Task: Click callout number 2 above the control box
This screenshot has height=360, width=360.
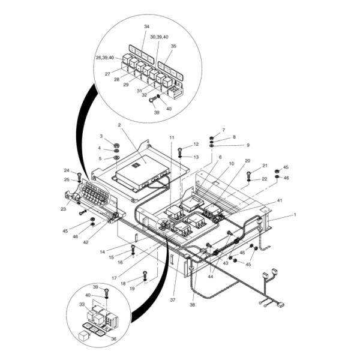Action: point(119,125)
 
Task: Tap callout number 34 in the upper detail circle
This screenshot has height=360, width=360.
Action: point(147,26)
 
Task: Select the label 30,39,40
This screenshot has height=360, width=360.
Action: point(160,37)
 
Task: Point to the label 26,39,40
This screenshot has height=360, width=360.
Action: point(105,58)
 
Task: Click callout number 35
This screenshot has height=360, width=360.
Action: point(173,46)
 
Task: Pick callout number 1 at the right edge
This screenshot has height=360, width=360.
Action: point(295,215)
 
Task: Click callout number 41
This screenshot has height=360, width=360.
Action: point(280,200)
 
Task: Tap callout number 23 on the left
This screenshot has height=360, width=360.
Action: point(63,209)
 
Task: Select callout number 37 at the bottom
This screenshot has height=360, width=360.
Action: point(173,300)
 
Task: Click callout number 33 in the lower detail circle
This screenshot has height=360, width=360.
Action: point(82,304)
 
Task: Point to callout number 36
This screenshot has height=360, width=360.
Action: point(113,338)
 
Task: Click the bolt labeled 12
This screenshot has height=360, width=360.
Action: point(180,151)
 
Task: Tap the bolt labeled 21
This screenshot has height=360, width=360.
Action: point(249,175)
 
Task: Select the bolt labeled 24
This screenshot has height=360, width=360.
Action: point(79,176)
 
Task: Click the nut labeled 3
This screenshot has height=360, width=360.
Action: point(116,145)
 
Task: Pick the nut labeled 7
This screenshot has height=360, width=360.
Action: point(212,138)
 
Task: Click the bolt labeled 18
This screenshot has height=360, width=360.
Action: point(145,274)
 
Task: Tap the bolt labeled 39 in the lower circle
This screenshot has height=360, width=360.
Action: point(107,292)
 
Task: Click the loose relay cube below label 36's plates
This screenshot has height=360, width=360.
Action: point(83,336)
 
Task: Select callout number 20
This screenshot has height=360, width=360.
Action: point(247,161)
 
